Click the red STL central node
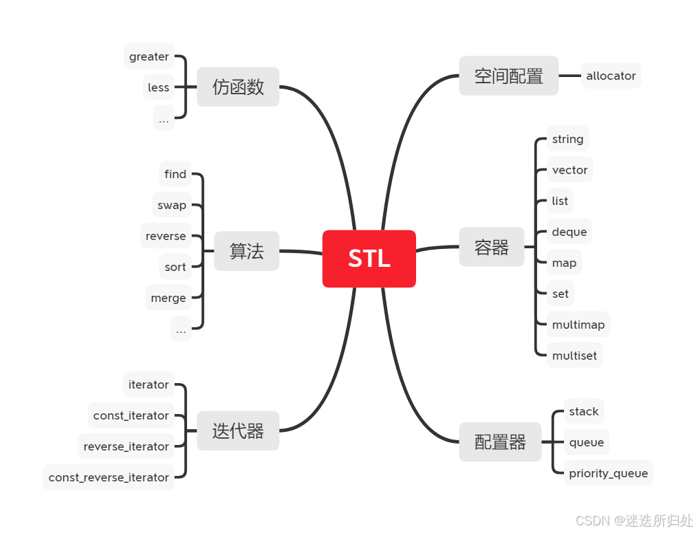[x=369, y=259]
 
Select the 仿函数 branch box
[x=238, y=87]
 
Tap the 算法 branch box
[x=246, y=251]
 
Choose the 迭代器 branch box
[x=238, y=431]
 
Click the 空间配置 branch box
[x=508, y=76]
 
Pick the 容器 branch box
[x=491, y=248]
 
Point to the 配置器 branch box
[x=500, y=442]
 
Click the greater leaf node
[x=149, y=56]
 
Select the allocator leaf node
[x=611, y=76]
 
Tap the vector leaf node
[x=569, y=170]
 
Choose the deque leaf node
[x=569, y=232]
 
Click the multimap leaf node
[x=578, y=325]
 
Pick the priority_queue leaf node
[x=608, y=473]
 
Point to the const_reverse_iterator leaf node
[x=109, y=477]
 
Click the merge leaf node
[x=168, y=298]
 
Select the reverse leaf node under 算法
[x=166, y=236]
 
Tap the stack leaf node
[x=584, y=411]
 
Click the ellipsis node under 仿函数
[x=164, y=119]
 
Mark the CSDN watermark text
[x=591, y=520]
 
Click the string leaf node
[x=567, y=139]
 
